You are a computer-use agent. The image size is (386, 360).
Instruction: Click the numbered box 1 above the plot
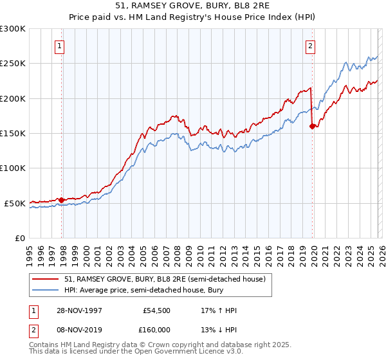[x=59, y=46]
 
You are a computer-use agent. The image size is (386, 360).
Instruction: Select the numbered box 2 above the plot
[x=310, y=46]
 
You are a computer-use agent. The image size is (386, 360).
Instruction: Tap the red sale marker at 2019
[x=312, y=127]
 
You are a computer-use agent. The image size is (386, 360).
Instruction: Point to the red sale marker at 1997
[x=62, y=200]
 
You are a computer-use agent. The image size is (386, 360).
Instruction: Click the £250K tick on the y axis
[x=13, y=64]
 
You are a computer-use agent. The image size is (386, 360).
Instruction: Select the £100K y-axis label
[x=13, y=168]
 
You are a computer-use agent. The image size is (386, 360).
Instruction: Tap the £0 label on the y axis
[x=19, y=238]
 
